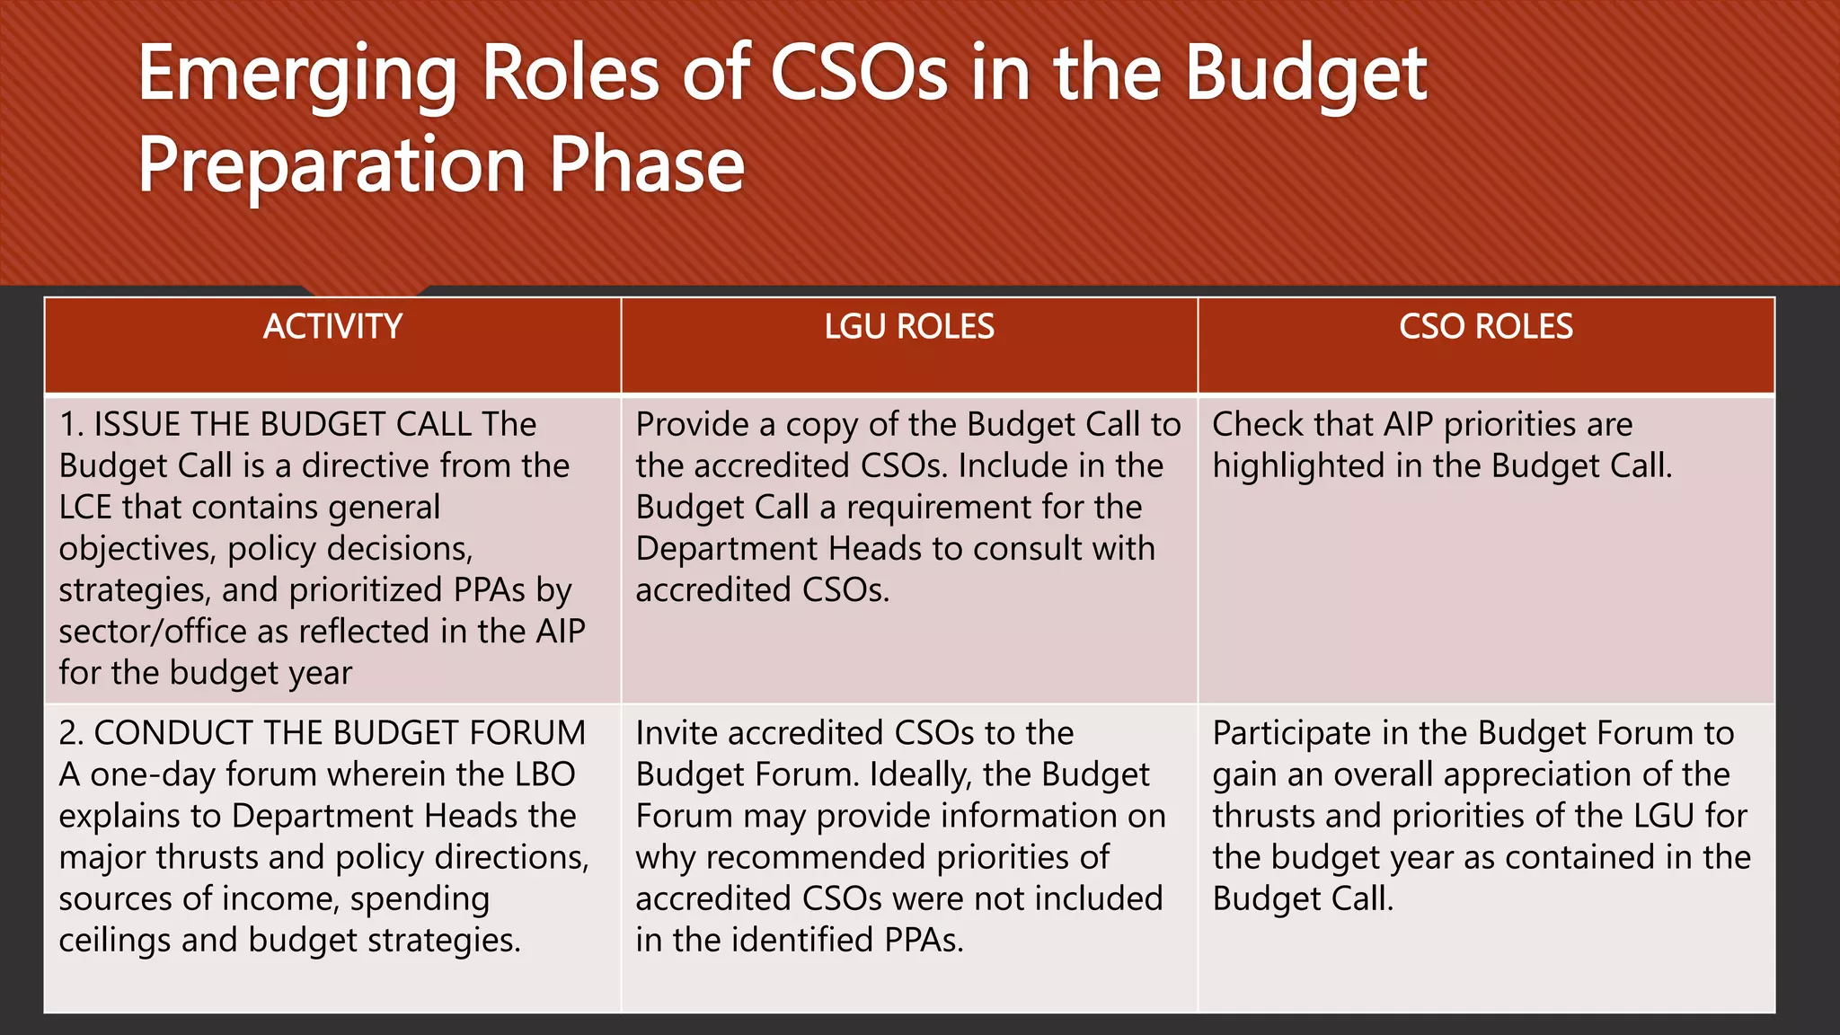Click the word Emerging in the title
coord(297,76)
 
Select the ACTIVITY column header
coord(332,326)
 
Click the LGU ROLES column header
coord(909,326)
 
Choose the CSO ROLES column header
coord(1486,326)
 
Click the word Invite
coord(677,733)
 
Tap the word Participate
coord(1292,733)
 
